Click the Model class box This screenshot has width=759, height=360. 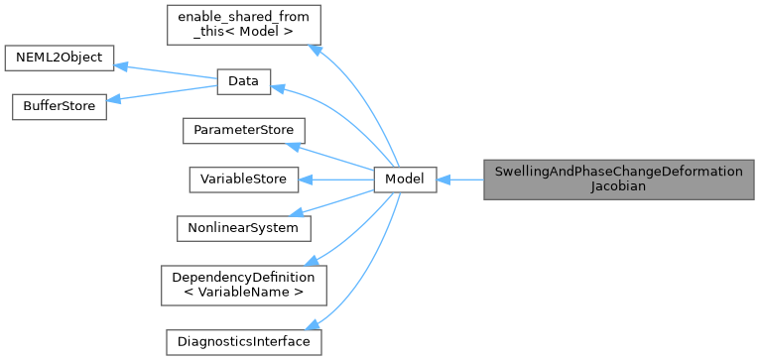405,180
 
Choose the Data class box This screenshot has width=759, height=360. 242,82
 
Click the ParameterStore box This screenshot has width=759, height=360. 243,131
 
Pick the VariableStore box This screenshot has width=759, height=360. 243,180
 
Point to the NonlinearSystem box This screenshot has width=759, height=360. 243,227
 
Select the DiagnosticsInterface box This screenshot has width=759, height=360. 243,342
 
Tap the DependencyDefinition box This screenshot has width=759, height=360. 243,285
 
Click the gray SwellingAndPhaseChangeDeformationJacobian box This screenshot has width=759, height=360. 619,180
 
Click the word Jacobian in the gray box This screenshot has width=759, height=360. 619,186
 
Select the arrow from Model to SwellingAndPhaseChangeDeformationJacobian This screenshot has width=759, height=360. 459,180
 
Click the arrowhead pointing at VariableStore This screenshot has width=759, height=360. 305,180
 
